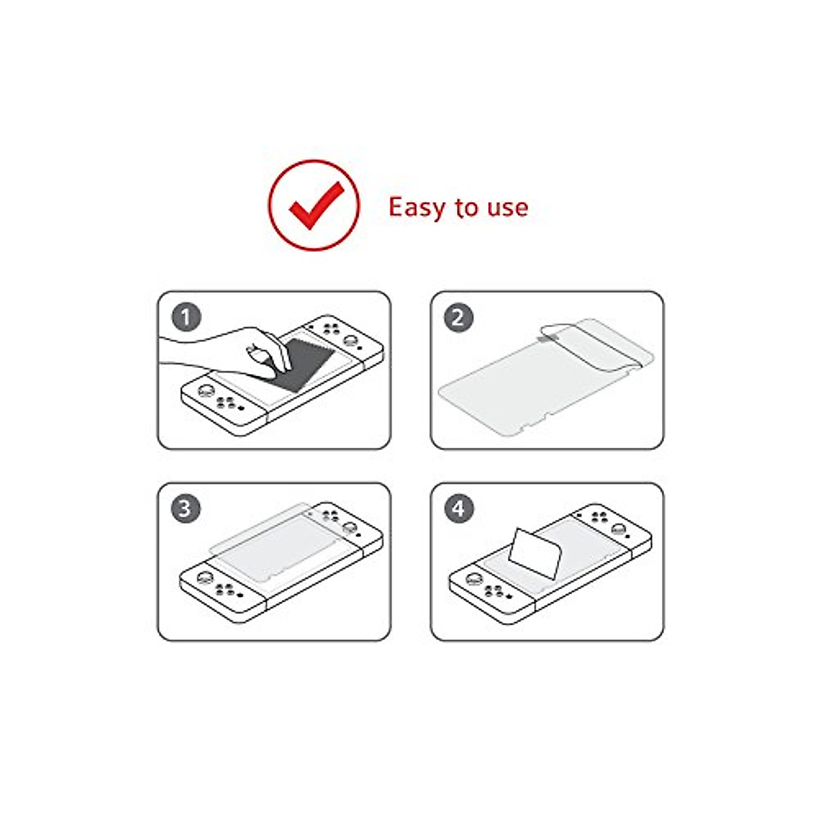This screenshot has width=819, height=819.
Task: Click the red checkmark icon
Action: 315,205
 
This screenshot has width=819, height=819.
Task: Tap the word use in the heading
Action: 507,207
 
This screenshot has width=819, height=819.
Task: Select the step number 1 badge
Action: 186,317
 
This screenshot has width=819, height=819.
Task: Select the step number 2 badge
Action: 459,317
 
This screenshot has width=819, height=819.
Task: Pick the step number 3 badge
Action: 186,508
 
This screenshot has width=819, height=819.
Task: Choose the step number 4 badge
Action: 459,508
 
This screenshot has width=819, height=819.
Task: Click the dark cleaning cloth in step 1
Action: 307,362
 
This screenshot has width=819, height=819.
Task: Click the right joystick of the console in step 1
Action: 350,340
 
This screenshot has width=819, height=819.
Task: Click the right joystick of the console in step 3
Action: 350,527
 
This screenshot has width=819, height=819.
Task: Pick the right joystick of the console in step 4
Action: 618,528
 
